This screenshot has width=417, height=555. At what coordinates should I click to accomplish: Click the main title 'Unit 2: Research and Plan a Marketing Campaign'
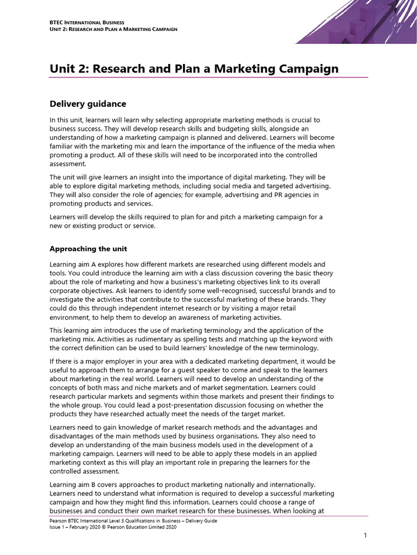coord(194,69)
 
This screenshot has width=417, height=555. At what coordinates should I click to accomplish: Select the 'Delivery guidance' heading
coord(87,104)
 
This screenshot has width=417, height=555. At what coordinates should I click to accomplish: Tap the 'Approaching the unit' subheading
coord(88,249)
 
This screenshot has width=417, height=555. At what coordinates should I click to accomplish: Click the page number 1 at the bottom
coord(365,535)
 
